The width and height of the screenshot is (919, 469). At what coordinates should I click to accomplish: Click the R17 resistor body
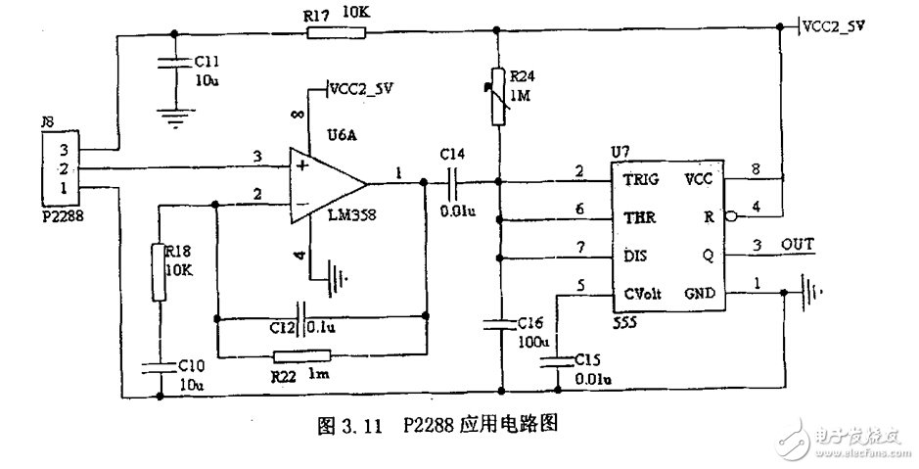pyautogui.click(x=337, y=33)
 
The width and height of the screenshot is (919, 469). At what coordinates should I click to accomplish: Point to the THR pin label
pyautogui.click(x=639, y=217)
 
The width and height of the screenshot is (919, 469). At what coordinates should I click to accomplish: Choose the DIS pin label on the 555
pyautogui.click(x=636, y=257)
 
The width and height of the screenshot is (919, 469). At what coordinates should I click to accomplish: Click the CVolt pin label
pyautogui.click(x=647, y=293)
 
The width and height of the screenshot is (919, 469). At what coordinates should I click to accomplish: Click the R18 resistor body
pyautogui.click(x=160, y=271)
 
